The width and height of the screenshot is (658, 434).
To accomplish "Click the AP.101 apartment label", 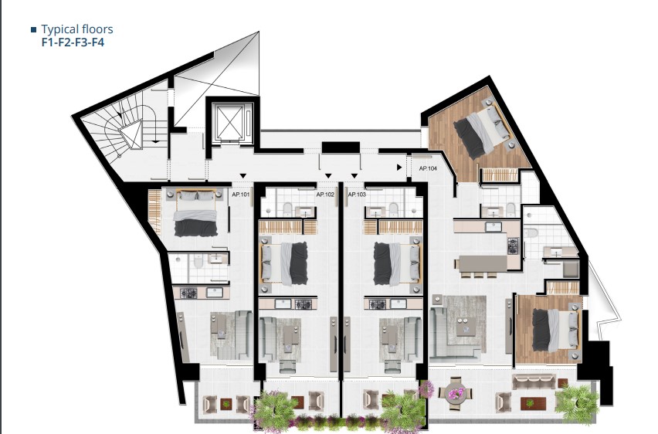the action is click(x=240, y=195).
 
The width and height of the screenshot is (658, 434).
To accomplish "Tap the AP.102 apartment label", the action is click(x=325, y=195).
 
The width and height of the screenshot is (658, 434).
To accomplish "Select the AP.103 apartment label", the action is click(x=357, y=195).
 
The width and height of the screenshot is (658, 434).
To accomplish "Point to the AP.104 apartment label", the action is click(x=428, y=168).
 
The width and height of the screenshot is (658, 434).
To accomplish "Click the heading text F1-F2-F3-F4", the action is click(x=73, y=42).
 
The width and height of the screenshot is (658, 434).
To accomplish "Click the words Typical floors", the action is click(x=77, y=29).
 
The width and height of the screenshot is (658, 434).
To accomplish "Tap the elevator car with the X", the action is click(x=229, y=122).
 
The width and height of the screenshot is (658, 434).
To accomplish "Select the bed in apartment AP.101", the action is click(x=195, y=213).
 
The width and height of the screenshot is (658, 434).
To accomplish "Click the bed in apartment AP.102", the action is click(x=284, y=263).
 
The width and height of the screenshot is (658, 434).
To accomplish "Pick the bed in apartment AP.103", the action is click(x=396, y=263).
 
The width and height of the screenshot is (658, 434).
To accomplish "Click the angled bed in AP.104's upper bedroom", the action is click(x=483, y=127).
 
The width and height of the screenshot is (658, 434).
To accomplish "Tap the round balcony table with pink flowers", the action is click(x=456, y=394).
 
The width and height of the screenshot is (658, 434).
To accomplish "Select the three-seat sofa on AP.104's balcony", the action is click(x=534, y=382).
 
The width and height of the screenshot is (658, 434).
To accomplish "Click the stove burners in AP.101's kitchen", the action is click(x=188, y=293).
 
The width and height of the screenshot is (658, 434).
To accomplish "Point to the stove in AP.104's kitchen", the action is click(x=514, y=246).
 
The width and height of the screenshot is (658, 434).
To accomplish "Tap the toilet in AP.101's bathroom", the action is click(x=198, y=262).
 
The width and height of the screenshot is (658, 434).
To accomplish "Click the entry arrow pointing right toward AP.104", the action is click(x=399, y=168).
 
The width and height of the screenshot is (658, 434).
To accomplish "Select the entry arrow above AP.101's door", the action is click(x=243, y=175).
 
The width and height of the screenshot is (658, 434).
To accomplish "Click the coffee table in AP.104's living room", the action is click(x=466, y=326).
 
